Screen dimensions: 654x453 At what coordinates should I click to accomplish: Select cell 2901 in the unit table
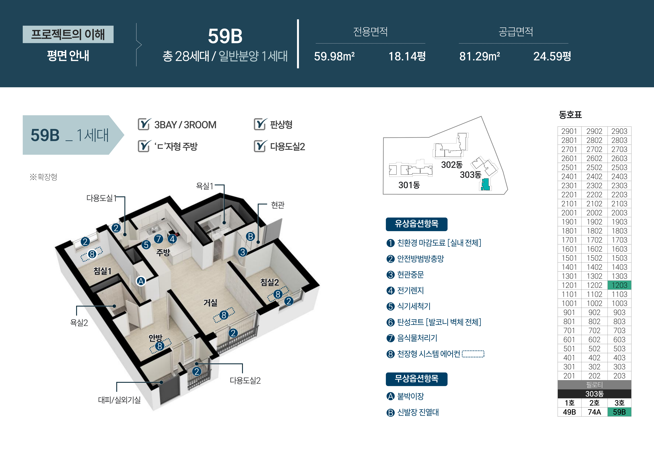click(x=569, y=131)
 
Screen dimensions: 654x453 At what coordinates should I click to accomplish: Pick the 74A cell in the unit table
click(x=594, y=412)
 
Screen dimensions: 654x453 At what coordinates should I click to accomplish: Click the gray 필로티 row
click(x=594, y=385)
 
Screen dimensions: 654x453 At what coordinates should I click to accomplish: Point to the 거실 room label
click(x=210, y=303)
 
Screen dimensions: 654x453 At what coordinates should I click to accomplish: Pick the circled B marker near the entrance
click(x=250, y=236)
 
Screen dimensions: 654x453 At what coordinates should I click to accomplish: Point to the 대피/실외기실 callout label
click(x=119, y=400)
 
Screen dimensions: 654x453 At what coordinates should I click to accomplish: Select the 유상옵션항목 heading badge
click(x=417, y=224)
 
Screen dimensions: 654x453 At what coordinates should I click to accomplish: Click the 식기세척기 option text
click(x=414, y=306)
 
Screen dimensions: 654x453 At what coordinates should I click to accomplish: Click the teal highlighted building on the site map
click(x=486, y=185)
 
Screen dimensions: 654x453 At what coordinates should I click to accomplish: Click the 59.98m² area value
click(x=334, y=56)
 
